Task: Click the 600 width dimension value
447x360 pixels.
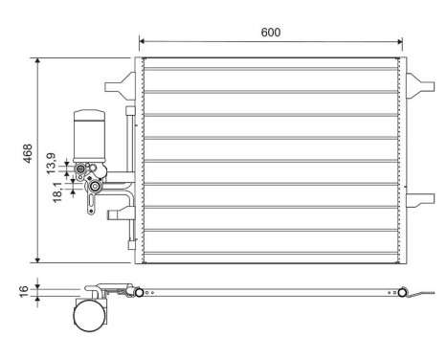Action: click(271, 33)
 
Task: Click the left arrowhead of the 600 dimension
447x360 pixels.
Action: click(143, 41)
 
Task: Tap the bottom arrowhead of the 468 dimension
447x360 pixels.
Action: click(37, 259)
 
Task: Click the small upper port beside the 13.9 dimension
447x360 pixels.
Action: click(81, 169)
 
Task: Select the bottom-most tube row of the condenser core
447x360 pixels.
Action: click(269, 251)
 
